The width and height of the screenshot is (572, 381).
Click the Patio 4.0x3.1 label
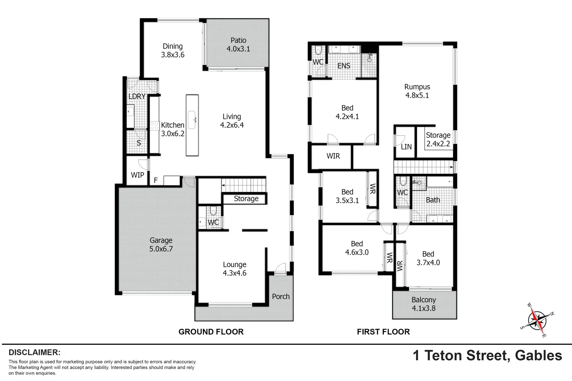coord(238,45)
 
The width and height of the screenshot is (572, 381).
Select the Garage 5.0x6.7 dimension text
coord(161,249)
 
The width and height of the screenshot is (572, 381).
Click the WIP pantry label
coord(137,175)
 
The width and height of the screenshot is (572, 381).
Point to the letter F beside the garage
coord(156,181)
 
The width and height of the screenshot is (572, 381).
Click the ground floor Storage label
coord(246,199)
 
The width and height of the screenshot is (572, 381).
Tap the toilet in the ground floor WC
coord(213,211)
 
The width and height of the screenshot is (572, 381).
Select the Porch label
coord(281,297)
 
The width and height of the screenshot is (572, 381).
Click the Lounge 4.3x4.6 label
coord(234,269)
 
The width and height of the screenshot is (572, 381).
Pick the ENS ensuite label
coord(344,66)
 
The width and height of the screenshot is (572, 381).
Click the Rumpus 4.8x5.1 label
coord(417,91)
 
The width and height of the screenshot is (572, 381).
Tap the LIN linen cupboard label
coord(406,147)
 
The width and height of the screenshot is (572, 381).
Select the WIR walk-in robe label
coord(333,156)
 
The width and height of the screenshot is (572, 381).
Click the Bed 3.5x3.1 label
coord(347,196)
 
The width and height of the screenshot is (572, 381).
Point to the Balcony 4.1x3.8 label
coord(424,304)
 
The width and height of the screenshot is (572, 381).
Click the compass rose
coord(537,320)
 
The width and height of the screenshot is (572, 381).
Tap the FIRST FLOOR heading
coord(383,332)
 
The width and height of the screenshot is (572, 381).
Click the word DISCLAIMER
coord(35,352)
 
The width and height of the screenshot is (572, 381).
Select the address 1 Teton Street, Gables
coord(487,355)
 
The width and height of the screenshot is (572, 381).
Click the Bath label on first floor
coord(433,200)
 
